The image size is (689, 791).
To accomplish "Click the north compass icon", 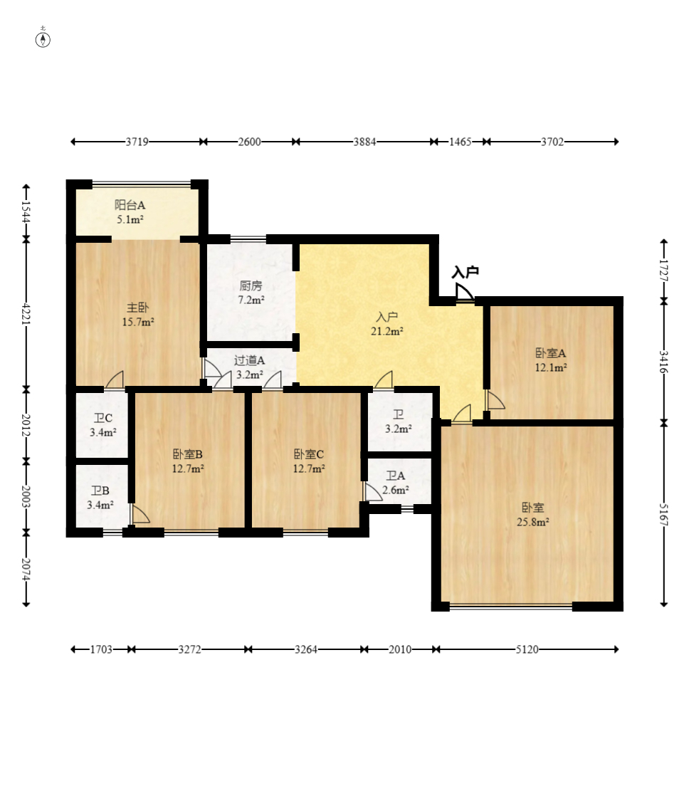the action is click(43, 38).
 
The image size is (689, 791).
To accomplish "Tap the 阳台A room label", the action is click(130, 205).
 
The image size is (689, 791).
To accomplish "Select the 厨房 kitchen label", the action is click(251, 286).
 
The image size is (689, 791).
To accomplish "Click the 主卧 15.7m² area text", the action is click(137, 321).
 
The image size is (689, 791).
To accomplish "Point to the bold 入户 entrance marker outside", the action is click(465, 273).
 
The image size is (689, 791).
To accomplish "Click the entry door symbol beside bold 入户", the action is click(464, 292).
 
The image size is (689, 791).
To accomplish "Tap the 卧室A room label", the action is click(550, 353).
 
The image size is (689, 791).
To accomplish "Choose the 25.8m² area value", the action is click(532, 522).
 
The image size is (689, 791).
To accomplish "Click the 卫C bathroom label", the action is click(103, 418).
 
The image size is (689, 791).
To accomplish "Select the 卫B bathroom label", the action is click(100, 491).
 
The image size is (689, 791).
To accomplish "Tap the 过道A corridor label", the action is click(249, 360).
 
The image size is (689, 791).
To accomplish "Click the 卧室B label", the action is click(188, 454).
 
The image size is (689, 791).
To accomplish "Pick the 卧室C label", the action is click(309, 454).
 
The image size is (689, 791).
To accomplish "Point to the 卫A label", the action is click(396, 476).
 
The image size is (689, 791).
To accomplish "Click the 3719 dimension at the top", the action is click(137, 142).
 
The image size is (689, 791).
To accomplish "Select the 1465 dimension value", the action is click(460, 142).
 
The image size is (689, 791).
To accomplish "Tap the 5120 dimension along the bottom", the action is click(527, 649).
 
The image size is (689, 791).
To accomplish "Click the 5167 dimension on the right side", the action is click(664, 515).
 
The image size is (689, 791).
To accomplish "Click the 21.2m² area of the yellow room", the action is click(387, 332).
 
